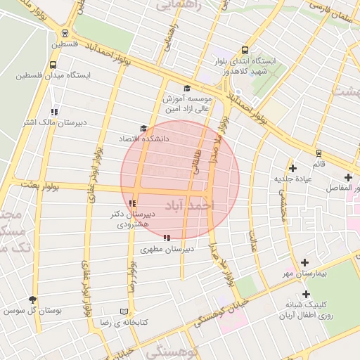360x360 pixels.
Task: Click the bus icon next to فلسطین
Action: click(65, 32)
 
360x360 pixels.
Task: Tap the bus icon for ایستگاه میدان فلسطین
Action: click(53, 65)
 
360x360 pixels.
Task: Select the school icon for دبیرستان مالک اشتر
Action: click(54, 112)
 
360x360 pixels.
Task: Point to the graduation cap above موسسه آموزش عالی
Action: click(186, 88)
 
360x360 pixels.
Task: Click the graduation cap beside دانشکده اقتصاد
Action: click(143, 129)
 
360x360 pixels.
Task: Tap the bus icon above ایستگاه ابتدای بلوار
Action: click(245, 50)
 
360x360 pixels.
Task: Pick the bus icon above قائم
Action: click(319, 153)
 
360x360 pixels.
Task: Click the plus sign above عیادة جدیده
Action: click(293, 167)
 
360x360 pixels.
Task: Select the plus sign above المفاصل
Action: click(348, 177)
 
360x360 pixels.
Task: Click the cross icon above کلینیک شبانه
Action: click(305, 294)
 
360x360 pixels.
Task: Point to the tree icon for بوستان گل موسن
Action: click(32, 299)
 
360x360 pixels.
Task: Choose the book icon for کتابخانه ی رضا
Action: click(124, 311)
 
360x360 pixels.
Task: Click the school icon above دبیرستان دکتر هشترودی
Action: click(132, 203)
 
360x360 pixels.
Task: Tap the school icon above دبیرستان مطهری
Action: click(166, 238)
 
